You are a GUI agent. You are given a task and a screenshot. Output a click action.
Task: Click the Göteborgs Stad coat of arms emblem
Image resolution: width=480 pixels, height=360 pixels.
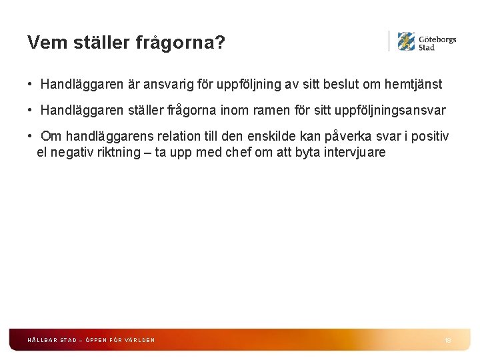(x=406, y=41)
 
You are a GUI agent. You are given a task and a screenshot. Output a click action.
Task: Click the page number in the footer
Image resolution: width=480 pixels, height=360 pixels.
(x=447, y=340)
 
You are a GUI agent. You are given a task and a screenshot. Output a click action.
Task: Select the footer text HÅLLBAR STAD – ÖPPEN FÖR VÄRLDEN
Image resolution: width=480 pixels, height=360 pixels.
(x=91, y=340)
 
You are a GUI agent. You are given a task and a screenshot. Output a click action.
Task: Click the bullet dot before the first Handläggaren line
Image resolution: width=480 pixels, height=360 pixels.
(x=31, y=85)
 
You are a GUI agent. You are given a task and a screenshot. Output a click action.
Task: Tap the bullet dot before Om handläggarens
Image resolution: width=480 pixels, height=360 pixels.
(x=31, y=136)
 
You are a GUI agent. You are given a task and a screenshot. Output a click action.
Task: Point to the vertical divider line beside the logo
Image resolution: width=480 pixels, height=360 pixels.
(x=389, y=41)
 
